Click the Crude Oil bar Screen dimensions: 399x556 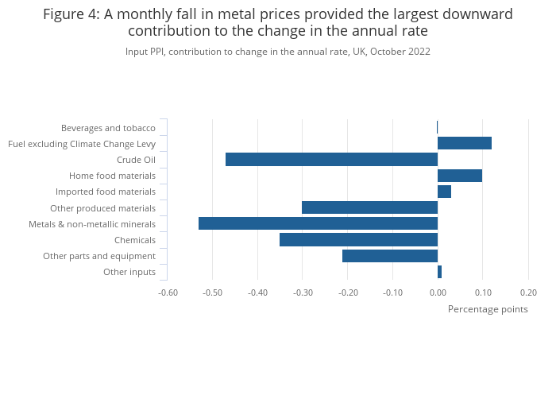(331, 159)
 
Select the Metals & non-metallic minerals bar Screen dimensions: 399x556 (318, 223)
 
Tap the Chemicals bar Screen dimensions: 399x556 (358, 239)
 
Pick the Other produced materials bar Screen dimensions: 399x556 (369, 207)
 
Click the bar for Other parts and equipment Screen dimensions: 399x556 (389, 255)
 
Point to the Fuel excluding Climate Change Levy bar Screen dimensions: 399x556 (464, 143)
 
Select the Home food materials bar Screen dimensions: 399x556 (459, 176)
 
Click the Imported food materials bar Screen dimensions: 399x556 (444, 192)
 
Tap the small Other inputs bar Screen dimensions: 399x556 (439, 272)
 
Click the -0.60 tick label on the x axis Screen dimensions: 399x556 (168, 292)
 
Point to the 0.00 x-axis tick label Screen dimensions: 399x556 (438, 292)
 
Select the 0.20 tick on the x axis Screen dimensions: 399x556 (528, 292)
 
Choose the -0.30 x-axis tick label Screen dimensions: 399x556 (303, 292)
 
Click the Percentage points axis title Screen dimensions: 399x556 (488, 309)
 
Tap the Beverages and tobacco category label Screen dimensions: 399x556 (108, 128)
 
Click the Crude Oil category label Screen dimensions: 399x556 (136, 160)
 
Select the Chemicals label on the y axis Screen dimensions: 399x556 (135, 240)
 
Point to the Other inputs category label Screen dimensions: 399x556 (129, 272)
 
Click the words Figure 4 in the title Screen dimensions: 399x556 (71, 14)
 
